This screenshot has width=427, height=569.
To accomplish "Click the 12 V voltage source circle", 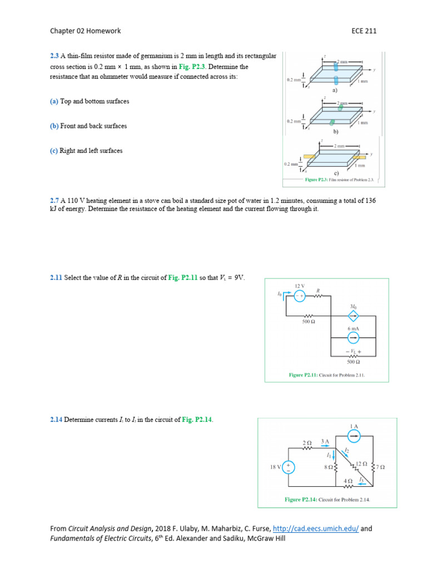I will pos(299,296).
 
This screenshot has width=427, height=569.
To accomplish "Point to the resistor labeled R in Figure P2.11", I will pos(318,296).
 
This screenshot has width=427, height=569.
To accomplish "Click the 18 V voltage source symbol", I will pos(289,468).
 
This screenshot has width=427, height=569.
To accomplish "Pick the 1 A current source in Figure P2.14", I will pos(354,436).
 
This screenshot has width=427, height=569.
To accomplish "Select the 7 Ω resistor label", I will pos(381,467).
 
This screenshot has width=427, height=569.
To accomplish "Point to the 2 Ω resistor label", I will pos(306,443).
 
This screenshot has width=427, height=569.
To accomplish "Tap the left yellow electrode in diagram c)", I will pos(310,157).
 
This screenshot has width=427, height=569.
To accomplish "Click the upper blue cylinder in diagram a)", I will pos(336,66).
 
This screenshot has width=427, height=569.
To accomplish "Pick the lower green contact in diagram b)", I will pos(331,121).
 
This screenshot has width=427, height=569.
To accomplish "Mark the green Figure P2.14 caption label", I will pos(300,500).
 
